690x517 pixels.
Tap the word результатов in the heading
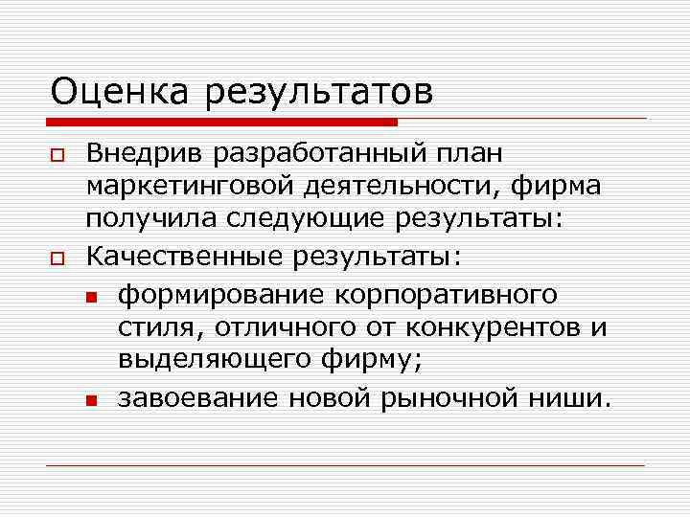pos(316,94)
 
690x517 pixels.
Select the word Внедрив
pos(145,153)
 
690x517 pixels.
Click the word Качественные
pos(187,257)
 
